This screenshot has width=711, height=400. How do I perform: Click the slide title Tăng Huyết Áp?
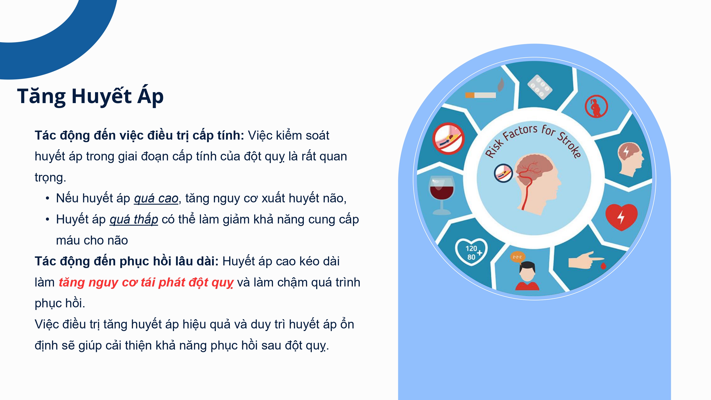click(x=90, y=96)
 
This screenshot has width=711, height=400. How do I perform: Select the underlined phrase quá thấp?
click(x=134, y=219)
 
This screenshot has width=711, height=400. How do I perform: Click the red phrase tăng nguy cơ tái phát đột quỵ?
click(x=146, y=283)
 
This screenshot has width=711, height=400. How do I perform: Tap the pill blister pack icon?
click(x=540, y=87)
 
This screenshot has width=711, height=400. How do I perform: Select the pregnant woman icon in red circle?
click(x=596, y=106)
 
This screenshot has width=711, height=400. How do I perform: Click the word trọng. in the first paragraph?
click(x=50, y=177)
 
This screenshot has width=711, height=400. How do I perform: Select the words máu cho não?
click(x=92, y=241)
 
